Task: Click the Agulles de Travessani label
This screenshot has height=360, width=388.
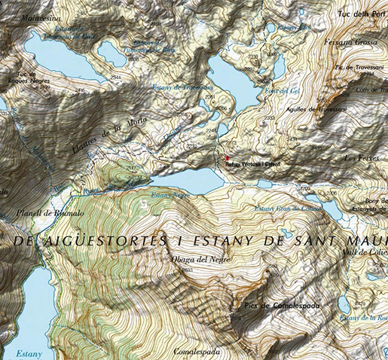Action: click(316, 108)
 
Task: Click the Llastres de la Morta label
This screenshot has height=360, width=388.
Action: click(105, 134)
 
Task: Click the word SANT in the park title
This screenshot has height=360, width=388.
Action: click(329, 240)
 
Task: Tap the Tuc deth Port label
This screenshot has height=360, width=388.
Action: click(357, 13)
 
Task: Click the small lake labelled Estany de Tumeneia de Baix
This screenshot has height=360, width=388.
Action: click(111, 52)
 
